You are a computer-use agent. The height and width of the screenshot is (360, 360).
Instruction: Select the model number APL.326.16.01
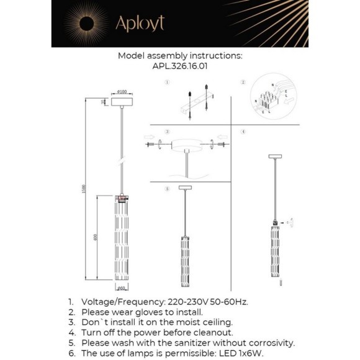click(x=180, y=64)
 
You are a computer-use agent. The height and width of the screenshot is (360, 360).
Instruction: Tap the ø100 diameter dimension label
click(x=122, y=92)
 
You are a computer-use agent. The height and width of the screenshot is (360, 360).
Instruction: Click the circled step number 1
click(x=167, y=82)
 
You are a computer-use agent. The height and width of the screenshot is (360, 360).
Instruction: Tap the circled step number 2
click(x=244, y=82)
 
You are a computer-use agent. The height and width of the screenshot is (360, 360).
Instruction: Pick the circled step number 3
click(x=167, y=132)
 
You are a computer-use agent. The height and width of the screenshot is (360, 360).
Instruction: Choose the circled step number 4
click(x=244, y=132)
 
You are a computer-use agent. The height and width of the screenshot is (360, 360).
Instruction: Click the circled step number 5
click(x=167, y=188)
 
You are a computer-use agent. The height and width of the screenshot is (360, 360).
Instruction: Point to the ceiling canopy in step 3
click(x=186, y=146)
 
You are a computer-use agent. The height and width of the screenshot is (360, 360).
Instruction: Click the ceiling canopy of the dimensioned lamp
click(x=122, y=104)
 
